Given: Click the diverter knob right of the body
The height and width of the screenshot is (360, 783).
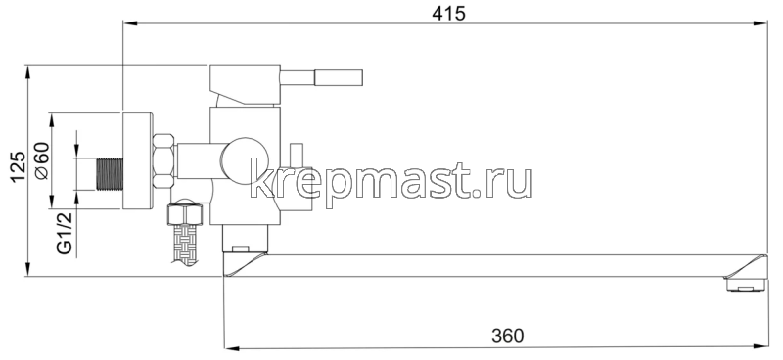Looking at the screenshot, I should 297,157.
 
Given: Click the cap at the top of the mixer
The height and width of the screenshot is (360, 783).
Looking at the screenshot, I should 245,77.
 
